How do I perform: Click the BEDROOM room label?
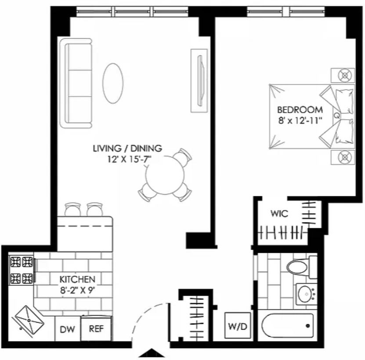(300, 109)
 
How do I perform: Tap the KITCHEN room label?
(77, 279)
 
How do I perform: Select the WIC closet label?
(279, 214)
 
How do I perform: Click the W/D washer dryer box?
(238, 326)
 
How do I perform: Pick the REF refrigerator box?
(96, 328)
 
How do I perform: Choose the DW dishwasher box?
(68, 329)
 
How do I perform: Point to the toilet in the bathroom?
(302, 267)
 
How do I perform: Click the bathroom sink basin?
(306, 294)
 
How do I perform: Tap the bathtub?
(288, 325)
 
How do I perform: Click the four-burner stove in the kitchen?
(22, 270)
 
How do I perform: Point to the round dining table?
(165, 175)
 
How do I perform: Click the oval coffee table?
(113, 83)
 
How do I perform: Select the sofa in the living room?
(76, 83)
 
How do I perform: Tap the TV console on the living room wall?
(199, 80)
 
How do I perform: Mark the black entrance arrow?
(152, 353)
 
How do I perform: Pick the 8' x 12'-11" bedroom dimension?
(300, 120)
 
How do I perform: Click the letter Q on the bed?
(337, 115)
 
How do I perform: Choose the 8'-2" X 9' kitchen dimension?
(78, 291)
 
